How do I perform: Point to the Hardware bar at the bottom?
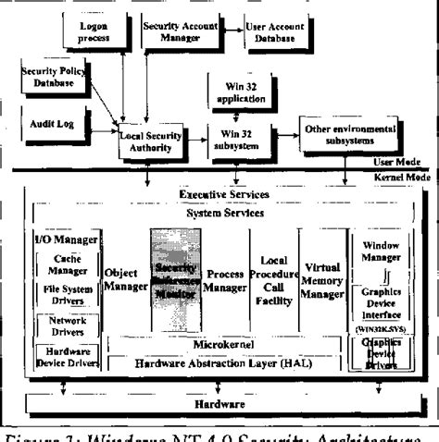click(x=219, y=404)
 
